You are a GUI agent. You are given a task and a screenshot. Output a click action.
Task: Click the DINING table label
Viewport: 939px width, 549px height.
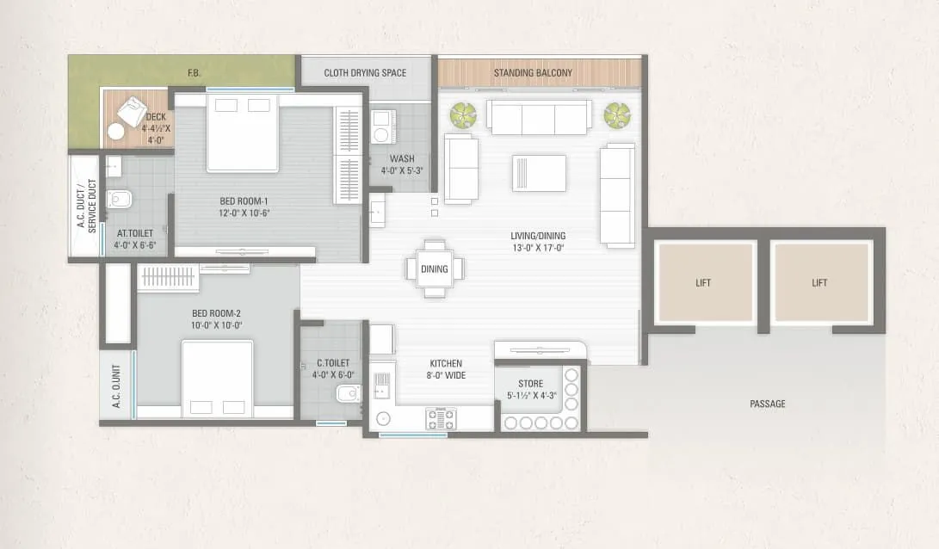tap(435, 269)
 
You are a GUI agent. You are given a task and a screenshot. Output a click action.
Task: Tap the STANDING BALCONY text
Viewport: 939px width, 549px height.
tap(533, 73)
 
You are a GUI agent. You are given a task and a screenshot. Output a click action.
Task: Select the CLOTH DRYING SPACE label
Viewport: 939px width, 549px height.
tap(365, 73)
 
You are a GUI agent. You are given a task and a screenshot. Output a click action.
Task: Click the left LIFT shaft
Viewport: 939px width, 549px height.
tap(703, 282)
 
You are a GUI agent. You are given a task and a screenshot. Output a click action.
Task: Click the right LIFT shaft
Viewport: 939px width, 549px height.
tap(819, 282)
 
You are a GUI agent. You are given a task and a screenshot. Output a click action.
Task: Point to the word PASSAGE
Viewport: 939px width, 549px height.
tap(767, 404)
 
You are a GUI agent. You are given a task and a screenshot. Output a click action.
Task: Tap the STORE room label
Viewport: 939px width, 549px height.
tap(530, 384)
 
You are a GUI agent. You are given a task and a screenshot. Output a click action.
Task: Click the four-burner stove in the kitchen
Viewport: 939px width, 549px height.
tap(442, 419)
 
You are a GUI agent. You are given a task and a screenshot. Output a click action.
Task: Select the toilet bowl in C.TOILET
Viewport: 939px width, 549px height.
tap(347, 394)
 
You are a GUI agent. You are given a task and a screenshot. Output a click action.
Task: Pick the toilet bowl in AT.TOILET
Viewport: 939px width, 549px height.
tap(119, 200)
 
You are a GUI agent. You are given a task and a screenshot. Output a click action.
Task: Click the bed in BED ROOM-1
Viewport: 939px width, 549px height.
tap(243, 133)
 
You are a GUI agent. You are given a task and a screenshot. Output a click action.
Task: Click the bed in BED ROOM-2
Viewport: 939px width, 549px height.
tap(217, 379)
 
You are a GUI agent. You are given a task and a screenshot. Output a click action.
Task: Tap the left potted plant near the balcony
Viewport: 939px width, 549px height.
tap(463, 114)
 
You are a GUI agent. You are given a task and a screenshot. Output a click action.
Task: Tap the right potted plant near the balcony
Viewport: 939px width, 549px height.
tap(616, 114)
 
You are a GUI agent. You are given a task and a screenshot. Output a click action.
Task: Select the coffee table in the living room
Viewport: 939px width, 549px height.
tap(539, 173)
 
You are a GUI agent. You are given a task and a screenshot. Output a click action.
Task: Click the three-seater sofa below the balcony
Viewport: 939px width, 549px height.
tap(539, 118)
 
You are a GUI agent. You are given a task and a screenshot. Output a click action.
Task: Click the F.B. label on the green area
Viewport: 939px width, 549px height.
tap(195, 73)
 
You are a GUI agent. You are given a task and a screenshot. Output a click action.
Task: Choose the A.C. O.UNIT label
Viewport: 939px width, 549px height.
tap(116, 385)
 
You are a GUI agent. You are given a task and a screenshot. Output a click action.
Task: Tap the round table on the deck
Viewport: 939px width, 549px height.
tap(115, 132)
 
